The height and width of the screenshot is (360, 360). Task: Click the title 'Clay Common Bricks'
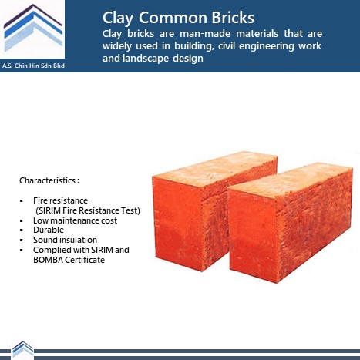[178, 18]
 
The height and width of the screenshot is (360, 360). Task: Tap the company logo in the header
[33, 29]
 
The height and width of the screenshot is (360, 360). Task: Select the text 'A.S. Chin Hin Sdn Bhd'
[33, 66]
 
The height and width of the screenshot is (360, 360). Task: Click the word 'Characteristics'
[47, 180]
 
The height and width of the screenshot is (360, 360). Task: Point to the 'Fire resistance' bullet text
[60, 200]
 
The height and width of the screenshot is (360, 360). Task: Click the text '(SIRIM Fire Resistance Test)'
[88, 210]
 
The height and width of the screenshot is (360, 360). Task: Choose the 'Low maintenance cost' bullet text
[75, 220]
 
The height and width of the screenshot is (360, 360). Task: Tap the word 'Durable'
[49, 230]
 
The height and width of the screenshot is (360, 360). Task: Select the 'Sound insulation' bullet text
[65, 240]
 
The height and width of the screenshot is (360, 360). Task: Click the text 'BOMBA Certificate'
[69, 260]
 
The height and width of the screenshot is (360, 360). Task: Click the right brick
[291, 222]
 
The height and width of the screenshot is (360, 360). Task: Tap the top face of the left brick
[214, 167]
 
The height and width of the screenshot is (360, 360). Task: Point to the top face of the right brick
[291, 180]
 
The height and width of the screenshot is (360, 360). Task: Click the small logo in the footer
[23, 349]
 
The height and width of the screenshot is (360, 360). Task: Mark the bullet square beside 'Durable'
[22, 230]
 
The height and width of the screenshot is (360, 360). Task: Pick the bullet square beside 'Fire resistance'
[22, 200]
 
